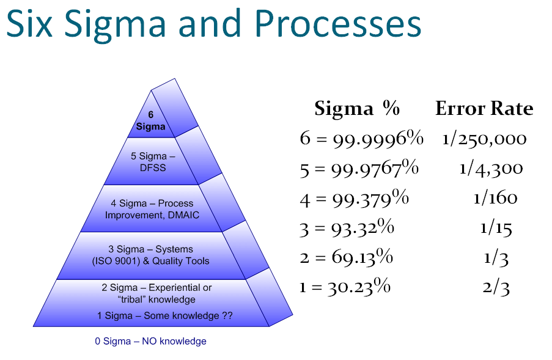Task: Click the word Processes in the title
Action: [x=337, y=24]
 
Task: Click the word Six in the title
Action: [x=31, y=24]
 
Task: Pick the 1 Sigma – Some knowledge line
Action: [x=164, y=315]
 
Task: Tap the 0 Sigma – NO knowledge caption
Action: [x=150, y=341]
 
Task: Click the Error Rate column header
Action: [x=484, y=109]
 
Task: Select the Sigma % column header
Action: [x=356, y=109]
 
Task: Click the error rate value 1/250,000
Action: [x=484, y=139]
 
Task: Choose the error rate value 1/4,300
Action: [x=491, y=168]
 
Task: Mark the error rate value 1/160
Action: [x=495, y=197]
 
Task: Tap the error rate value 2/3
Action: [x=496, y=287]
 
